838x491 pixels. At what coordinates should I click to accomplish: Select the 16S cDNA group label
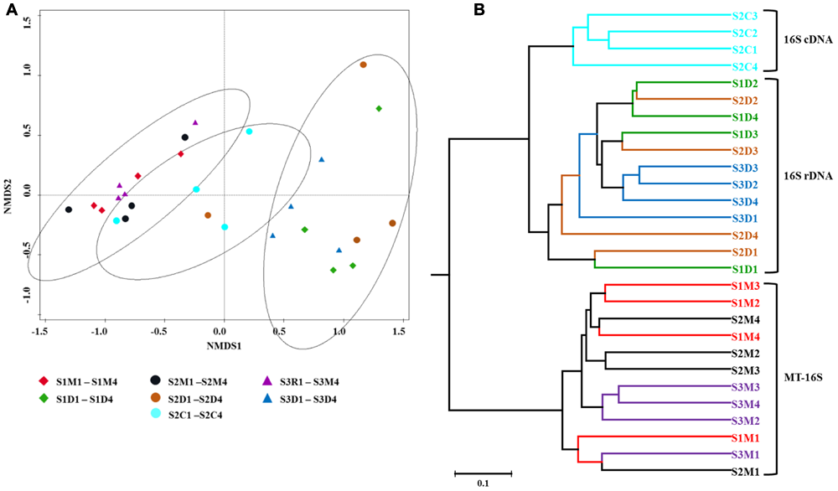point(804,39)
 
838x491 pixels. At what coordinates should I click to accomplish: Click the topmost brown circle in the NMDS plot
point(363,65)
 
